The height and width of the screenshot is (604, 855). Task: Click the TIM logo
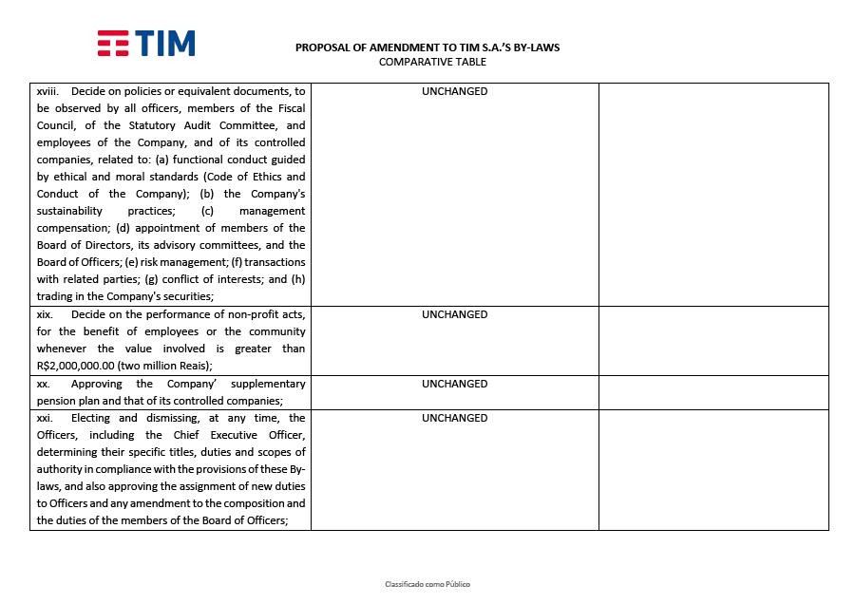[146, 44]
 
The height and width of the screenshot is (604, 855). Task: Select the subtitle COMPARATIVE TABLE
[432, 63]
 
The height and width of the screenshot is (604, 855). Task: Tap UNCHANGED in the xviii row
[454, 92]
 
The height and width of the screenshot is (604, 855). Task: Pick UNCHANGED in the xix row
[454, 315]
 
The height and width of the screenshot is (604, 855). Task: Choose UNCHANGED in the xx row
[454, 385]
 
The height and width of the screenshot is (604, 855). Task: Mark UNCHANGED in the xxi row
[454, 419]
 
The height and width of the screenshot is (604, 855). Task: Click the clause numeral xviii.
[47, 92]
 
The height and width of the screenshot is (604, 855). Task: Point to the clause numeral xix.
[44, 315]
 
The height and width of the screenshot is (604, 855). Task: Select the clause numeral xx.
[43, 385]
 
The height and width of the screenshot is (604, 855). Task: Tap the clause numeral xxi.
[44, 419]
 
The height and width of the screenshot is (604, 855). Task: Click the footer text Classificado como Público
[427, 584]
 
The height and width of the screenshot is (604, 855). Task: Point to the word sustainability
[69, 212]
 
